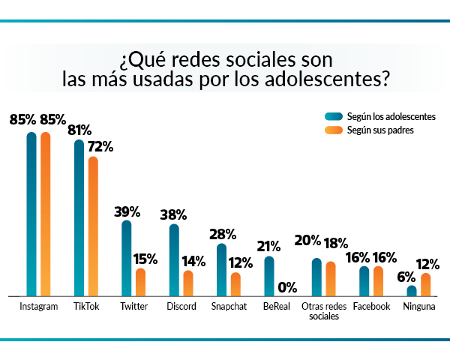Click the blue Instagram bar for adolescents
pos(31,214)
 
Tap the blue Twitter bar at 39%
pos(126,259)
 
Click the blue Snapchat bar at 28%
pos(221,270)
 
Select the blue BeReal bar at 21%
pos(269,277)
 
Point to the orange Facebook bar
pos(378,281)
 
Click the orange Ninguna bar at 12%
pos(426,285)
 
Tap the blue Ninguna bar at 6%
pos(412,291)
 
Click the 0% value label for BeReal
pos(287,286)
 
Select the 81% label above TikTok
pos(79,130)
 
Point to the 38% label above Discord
pos(174,214)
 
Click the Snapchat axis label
pos(228,307)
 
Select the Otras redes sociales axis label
pos(324,311)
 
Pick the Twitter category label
pos(133,307)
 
